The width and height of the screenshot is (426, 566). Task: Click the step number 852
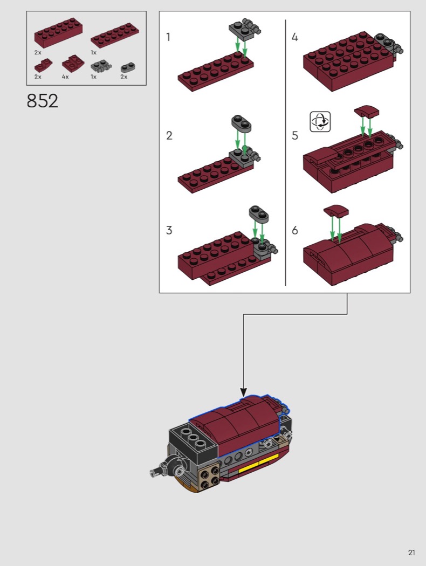pyautogui.click(x=42, y=101)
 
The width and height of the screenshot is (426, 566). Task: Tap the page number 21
pyautogui.click(x=411, y=553)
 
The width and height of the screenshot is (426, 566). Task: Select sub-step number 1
pyautogui.click(x=168, y=37)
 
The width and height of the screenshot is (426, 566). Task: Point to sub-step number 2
pyautogui.click(x=169, y=135)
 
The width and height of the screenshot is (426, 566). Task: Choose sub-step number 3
pyautogui.click(x=169, y=230)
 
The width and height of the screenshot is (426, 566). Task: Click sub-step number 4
pyautogui.click(x=295, y=37)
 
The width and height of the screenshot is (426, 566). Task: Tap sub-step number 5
pyautogui.click(x=295, y=135)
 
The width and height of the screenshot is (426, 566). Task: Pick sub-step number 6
pyautogui.click(x=295, y=230)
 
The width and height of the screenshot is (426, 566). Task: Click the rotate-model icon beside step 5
pyautogui.click(x=320, y=122)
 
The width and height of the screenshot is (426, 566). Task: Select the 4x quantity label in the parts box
pyautogui.click(x=65, y=77)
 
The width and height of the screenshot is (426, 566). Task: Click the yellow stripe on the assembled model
pyautogui.click(x=259, y=463)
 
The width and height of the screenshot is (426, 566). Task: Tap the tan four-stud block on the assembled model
pyautogui.click(x=209, y=476)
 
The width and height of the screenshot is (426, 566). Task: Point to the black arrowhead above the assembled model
pyautogui.click(x=244, y=392)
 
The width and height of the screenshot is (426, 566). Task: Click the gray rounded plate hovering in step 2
pyautogui.click(x=241, y=123)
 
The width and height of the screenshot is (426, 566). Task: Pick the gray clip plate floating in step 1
pyautogui.click(x=245, y=29)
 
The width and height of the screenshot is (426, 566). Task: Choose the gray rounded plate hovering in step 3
pyautogui.click(x=259, y=213)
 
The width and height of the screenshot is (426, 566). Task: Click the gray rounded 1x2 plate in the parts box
pyautogui.click(x=128, y=67)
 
